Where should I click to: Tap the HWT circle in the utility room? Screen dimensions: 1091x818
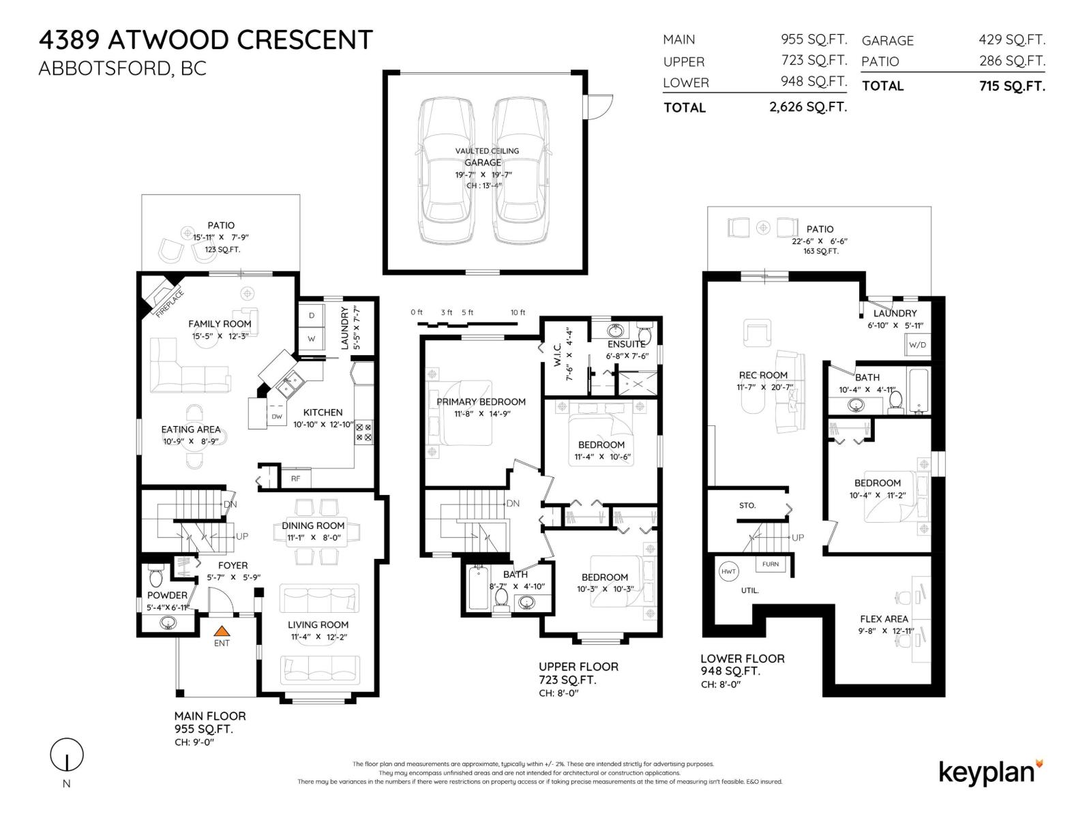(728, 571)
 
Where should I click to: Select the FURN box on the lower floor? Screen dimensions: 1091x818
(771, 564)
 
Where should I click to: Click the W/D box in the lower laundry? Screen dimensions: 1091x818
(917, 345)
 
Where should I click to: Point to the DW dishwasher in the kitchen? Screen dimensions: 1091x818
(277, 416)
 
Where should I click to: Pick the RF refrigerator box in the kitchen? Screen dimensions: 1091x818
(296, 479)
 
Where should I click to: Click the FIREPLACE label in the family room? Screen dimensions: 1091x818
(170, 303)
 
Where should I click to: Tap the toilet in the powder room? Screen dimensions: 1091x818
(156, 576)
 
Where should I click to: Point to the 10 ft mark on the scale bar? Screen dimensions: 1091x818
(518, 312)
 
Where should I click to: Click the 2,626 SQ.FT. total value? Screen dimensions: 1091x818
(808, 107)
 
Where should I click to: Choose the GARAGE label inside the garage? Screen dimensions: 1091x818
(483, 162)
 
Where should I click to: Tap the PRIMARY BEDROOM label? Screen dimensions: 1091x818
(481, 402)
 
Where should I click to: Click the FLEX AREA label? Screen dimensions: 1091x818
(884, 619)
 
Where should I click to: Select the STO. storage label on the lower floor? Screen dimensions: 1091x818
(747, 506)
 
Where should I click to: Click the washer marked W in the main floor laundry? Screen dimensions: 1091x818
(311, 339)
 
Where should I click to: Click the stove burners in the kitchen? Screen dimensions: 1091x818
(363, 432)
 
